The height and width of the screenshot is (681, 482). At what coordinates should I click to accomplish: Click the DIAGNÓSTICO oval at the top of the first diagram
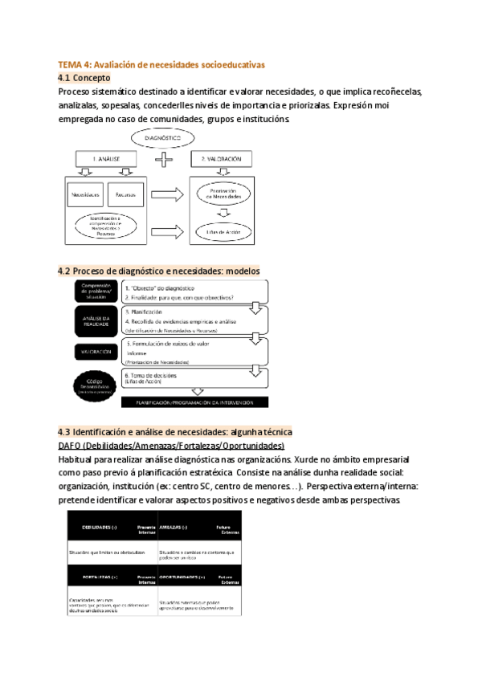tap(163, 138)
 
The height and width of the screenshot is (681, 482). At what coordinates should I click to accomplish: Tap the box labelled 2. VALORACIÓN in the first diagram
tap(220, 160)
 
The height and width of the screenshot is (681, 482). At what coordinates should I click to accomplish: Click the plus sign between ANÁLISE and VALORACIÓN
tap(164, 160)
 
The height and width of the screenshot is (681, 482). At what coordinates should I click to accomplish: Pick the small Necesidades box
tap(86, 194)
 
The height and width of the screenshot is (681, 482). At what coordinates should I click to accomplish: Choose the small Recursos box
tap(125, 194)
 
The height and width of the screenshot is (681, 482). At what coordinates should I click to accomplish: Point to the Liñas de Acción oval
tap(219, 232)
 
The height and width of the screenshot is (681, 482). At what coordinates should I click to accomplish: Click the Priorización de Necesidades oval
tap(219, 195)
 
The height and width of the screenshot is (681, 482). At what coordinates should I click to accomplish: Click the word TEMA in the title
tap(71, 63)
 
